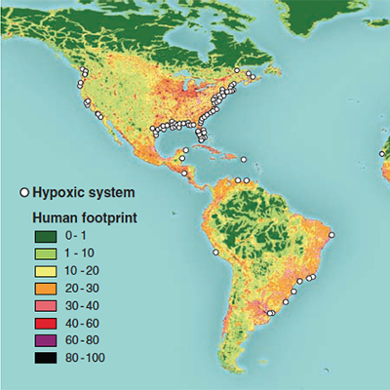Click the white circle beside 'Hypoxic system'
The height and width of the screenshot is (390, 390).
(24, 192)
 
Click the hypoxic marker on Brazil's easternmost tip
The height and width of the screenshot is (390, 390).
(331, 235)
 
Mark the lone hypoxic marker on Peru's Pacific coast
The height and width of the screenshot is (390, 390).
(215, 252)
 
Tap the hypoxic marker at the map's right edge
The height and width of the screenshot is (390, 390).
(383, 153)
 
